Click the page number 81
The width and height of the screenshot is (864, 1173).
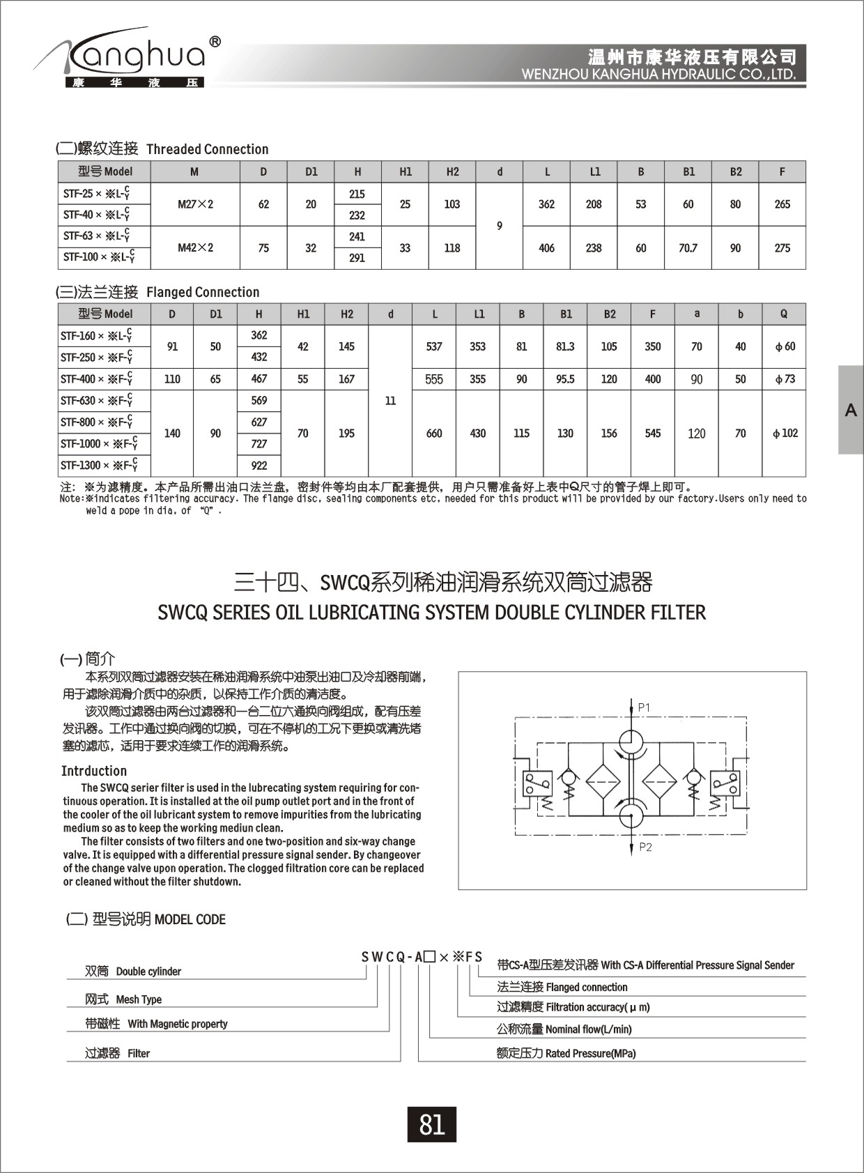431,1124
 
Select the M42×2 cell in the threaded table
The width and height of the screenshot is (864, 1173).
195,247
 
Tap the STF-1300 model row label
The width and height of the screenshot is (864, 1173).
98,465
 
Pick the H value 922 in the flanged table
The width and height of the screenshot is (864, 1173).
259,466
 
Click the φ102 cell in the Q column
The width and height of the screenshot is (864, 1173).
785,433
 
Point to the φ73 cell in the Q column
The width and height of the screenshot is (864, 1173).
785,379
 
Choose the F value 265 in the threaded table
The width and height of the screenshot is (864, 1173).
782,204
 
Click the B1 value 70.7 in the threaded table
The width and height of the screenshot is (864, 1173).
688,247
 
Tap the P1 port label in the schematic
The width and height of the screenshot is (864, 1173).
644,707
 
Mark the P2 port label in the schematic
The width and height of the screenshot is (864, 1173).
645,848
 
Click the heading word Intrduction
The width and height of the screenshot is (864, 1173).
94,771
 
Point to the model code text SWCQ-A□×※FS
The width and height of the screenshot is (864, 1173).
422,956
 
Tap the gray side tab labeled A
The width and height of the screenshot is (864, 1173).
851,410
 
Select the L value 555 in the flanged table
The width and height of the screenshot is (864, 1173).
434,379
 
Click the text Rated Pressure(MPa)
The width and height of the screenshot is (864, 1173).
590,1053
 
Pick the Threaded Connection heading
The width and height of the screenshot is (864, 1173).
207,149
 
